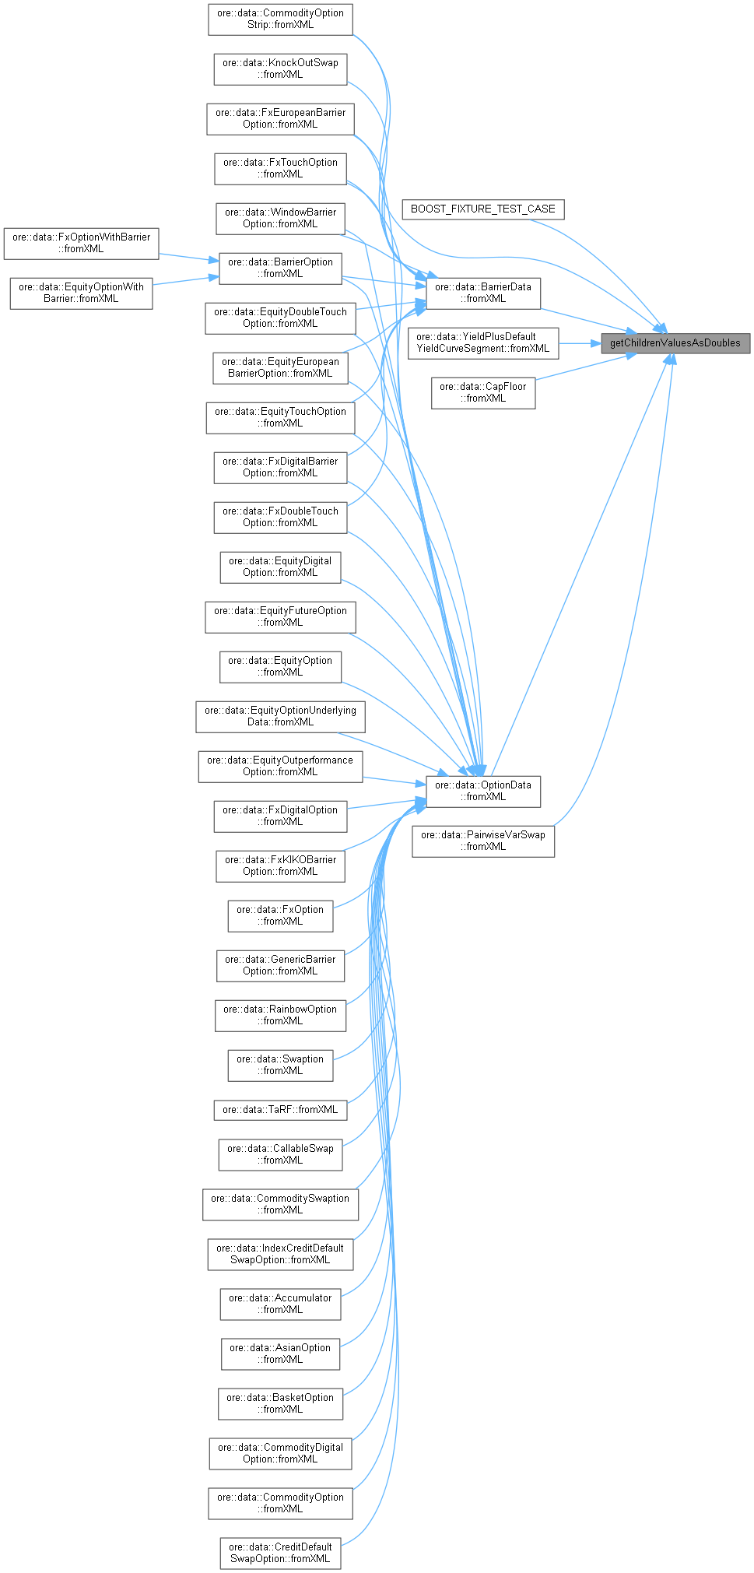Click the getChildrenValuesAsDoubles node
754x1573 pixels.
point(675,342)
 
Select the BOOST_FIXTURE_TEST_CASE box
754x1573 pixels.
point(482,209)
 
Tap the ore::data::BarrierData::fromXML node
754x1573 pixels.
point(482,293)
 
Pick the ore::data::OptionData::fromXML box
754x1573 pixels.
point(482,791)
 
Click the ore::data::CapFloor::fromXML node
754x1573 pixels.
point(482,392)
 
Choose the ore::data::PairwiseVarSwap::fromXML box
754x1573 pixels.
point(482,841)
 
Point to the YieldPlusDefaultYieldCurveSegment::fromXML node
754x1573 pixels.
point(482,342)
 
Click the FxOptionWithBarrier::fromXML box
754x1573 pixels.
point(81,243)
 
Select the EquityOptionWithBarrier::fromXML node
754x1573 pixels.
point(81,293)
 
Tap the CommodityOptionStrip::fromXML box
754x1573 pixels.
point(280,19)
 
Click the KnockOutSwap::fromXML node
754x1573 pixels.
point(280,68)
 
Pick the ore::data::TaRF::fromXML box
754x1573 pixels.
point(280,1109)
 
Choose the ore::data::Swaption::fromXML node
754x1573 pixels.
point(280,1065)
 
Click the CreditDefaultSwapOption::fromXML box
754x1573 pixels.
point(280,1553)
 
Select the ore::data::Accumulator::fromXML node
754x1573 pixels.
point(280,1304)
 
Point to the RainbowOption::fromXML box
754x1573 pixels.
point(280,1015)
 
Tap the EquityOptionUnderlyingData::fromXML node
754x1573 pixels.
point(280,716)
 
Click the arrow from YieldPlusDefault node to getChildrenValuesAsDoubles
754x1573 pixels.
point(579,342)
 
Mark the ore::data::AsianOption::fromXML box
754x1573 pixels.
point(280,1354)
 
